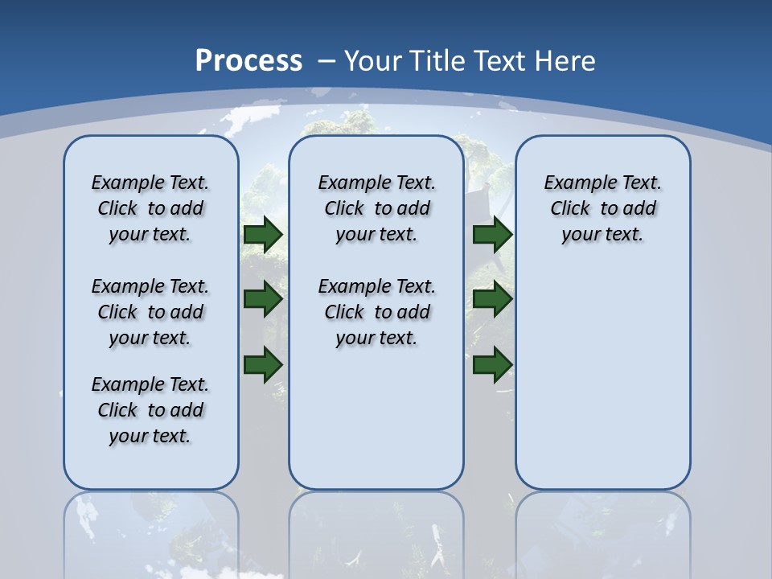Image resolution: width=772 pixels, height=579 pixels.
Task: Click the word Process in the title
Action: tap(248, 60)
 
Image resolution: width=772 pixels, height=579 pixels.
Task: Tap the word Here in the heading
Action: tap(567, 61)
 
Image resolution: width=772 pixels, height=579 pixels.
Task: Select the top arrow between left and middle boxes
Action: tap(263, 234)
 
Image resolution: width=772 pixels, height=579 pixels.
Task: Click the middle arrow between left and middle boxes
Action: tap(263, 299)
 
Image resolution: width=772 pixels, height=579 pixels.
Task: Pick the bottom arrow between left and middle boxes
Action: tap(263, 364)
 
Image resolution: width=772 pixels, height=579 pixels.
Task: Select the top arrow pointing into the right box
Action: tap(492, 234)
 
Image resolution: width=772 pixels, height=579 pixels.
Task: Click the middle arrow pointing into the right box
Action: tap(492, 299)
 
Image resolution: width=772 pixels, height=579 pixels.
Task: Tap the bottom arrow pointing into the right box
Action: tap(492, 364)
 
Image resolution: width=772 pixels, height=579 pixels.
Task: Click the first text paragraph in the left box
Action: tap(150, 208)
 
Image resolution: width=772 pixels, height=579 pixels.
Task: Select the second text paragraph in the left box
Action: tap(150, 312)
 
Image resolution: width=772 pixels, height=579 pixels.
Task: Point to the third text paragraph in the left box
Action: tap(150, 410)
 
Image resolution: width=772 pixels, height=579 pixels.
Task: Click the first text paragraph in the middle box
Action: tap(377, 208)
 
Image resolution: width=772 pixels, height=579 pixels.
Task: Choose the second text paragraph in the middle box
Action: tap(377, 312)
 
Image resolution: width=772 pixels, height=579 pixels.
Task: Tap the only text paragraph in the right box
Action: tap(603, 208)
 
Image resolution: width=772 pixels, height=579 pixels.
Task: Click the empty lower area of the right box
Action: tap(603, 378)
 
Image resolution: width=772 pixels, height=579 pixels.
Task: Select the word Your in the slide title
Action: tap(373, 61)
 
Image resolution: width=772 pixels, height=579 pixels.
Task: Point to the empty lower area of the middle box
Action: tap(376, 418)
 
